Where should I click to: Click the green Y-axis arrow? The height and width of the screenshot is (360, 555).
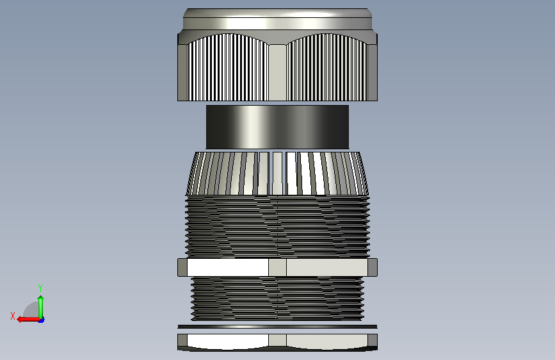[41, 307]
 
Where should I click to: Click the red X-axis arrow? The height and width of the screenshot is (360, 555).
[28, 319]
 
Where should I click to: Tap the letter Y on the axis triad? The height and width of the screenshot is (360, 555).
[40, 288]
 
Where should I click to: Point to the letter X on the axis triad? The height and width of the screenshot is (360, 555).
[13, 316]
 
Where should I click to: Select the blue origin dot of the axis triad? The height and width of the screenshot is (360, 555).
[42, 320]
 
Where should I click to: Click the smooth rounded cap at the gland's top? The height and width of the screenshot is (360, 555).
[278, 19]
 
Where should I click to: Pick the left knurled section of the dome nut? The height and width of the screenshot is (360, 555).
[228, 67]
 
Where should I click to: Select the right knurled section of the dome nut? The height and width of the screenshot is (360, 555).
[327, 67]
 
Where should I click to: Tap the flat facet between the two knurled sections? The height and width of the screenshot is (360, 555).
[278, 72]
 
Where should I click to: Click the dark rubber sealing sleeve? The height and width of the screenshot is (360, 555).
[278, 127]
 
